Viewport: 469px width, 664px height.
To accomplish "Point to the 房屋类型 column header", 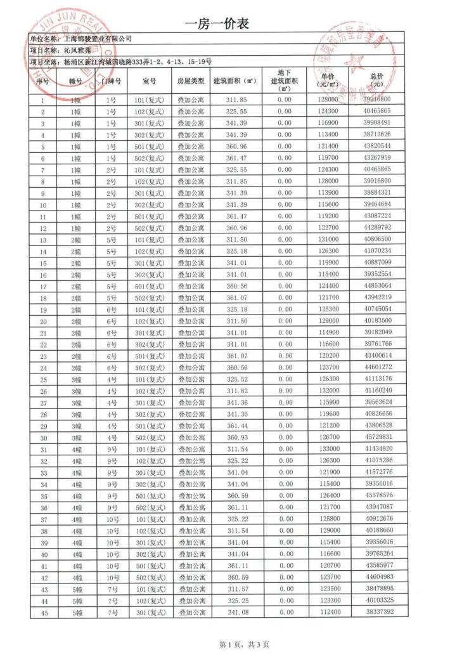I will (191, 81).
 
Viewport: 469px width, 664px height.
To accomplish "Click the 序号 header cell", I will (42, 81).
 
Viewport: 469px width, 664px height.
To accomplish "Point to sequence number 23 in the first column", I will (43, 356).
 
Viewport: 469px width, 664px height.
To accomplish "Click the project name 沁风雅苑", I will (80, 50).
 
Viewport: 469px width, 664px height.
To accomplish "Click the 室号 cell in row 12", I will (150, 228).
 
